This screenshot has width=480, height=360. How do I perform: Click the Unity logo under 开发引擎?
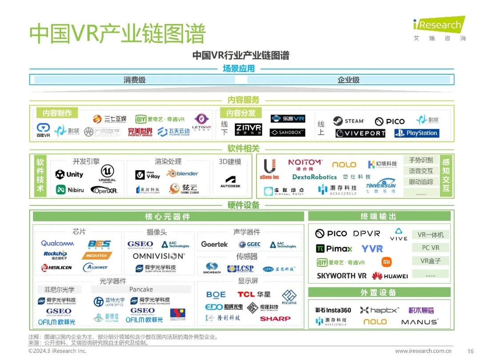click(69, 175)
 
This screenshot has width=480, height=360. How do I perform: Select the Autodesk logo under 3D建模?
click(230, 182)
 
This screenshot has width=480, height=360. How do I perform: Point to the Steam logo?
click(349, 121)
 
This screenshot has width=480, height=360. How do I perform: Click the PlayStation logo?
click(416, 133)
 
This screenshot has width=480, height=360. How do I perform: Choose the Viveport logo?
click(360, 133)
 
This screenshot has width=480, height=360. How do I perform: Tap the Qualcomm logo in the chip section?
click(57, 243)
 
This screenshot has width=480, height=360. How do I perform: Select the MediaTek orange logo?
click(97, 256)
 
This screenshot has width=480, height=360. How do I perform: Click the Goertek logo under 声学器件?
click(214, 244)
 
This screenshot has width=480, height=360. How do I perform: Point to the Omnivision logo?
click(158, 256)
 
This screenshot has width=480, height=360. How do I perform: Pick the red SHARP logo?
click(275, 319)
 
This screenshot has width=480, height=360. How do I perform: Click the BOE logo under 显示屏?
click(216, 295)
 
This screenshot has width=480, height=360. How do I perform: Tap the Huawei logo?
click(390, 276)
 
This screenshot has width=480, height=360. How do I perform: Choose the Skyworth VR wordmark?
click(342, 276)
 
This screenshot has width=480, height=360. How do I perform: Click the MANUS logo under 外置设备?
click(420, 322)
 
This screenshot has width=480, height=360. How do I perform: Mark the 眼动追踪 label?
click(421, 182)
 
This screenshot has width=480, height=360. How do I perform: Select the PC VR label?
click(431, 248)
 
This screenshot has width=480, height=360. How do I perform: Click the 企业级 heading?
click(348, 80)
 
